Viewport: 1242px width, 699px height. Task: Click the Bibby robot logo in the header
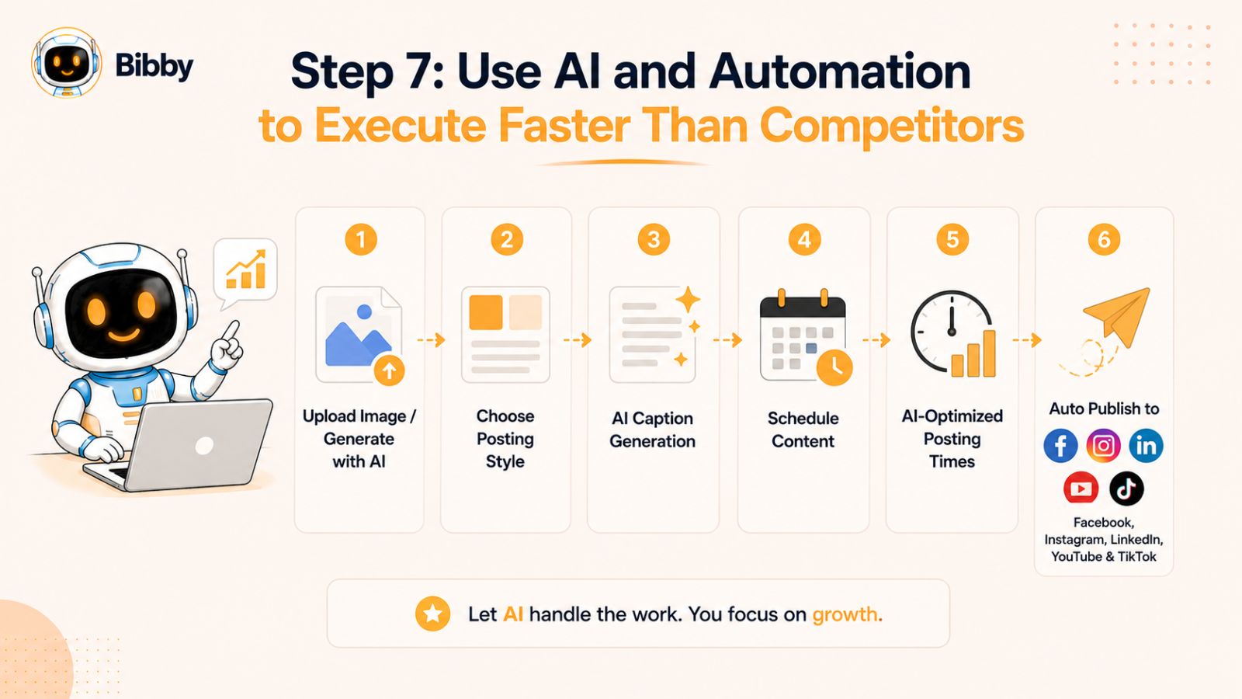67,63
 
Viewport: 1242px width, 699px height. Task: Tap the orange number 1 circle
361,240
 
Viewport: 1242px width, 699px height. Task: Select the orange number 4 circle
804,240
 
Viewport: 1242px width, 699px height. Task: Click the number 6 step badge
1104,240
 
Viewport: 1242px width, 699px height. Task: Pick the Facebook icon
1060,446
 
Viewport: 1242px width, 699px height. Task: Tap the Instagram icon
1103,446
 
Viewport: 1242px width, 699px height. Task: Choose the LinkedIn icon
1146,446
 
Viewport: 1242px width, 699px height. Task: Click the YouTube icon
1081,489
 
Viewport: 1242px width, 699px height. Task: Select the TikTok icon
1126,489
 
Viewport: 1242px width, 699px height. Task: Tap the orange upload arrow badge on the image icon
389,370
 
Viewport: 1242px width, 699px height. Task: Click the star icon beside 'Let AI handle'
432,614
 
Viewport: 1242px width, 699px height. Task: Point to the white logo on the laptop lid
205,446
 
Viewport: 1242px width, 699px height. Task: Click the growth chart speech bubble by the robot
245,273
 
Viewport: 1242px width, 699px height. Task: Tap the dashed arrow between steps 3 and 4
727,339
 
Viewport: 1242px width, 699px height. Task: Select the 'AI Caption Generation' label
652,429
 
